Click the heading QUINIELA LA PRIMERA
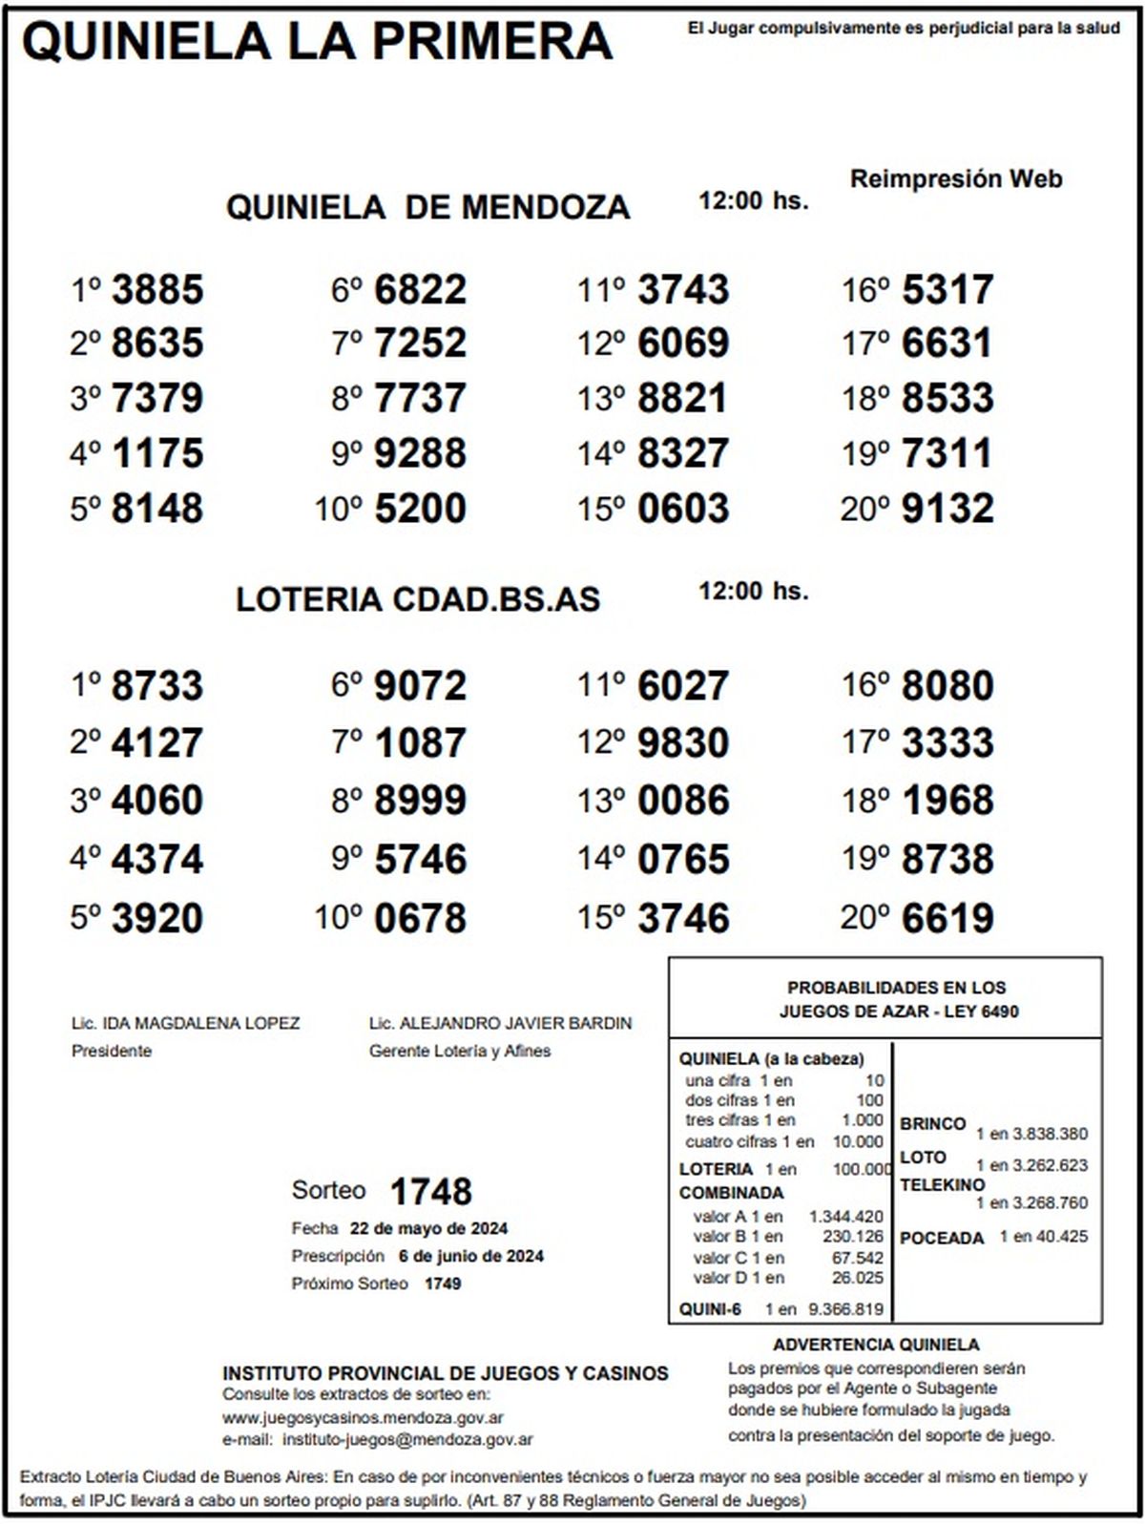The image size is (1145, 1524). pyautogui.click(x=317, y=42)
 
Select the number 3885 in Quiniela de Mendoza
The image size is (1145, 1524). pyautogui.click(x=157, y=290)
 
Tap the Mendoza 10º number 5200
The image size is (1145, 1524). pyautogui.click(x=420, y=509)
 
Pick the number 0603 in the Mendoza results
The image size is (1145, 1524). pyautogui.click(x=683, y=509)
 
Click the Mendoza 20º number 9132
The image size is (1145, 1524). pyautogui.click(x=947, y=509)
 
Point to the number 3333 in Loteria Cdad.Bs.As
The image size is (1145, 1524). pyautogui.click(x=947, y=743)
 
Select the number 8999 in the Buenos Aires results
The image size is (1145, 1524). pyautogui.click(x=420, y=801)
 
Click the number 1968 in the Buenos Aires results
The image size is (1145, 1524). pyautogui.click(x=947, y=801)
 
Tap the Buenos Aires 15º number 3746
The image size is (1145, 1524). pyautogui.click(x=683, y=918)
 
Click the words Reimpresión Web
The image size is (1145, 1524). pyautogui.click(x=956, y=178)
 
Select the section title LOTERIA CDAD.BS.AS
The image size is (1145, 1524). pyautogui.click(x=418, y=599)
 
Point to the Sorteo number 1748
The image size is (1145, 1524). pyautogui.click(x=430, y=1191)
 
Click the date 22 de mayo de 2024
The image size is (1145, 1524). pyautogui.click(x=428, y=1228)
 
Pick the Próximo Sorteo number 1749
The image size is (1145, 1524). pyautogui.click(x=442, y=1284)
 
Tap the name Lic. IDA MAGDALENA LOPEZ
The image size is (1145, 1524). pyautogui.click(x=185, y=1023)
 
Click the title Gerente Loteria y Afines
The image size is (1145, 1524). pyautogui.click(x=459, y=1051)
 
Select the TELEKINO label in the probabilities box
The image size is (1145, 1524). pyautogui.click(x=942, y=1184)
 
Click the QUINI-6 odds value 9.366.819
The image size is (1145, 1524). pyautogui.click(x=845, y=1309)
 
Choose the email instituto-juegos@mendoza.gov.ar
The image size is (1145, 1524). pyautogui.click(x=407, y=1439)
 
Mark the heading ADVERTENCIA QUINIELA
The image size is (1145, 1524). pyautogui.click(x=876, y=1345)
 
